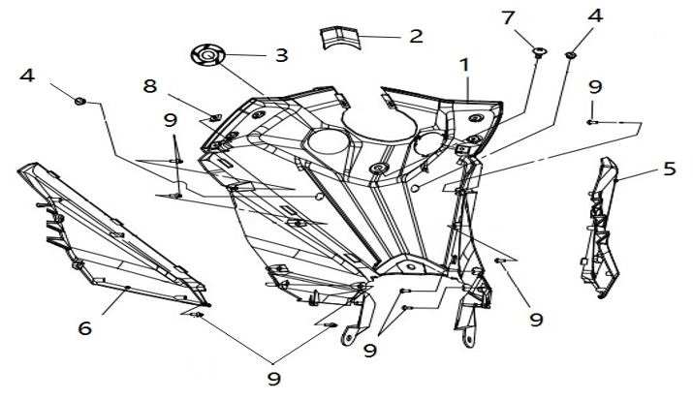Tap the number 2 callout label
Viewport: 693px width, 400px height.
(x=416, y=37)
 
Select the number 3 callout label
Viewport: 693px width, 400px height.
(x=281, y=54)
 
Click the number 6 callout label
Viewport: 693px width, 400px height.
(x=85, y=328)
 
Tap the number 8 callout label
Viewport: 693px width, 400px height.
(x=149, y=85)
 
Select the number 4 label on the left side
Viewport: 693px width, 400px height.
(x=26, y=75)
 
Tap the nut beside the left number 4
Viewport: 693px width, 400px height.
(x=81, y=99)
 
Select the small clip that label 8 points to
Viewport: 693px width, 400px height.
(x=214, y=118)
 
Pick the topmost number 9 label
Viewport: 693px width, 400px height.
(x=594, y=87)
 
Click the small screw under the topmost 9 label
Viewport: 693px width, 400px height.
(x=591, y=123)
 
